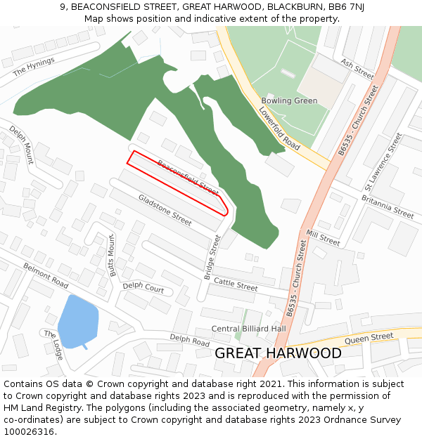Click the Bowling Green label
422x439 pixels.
click(289, 100)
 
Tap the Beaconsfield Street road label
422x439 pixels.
click(188, 177)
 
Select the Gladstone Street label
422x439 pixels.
click(165, 210)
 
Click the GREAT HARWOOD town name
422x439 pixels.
click(278, 353)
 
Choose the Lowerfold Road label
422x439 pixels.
click(279, 129)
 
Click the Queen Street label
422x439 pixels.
click(370, 337)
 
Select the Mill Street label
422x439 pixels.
click(323, 237)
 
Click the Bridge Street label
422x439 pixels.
click(212, 257)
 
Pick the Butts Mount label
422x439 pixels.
click(111, 255)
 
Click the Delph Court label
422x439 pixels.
click(143, 288)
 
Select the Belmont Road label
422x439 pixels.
click(46, 275)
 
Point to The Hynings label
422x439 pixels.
click(33, 67)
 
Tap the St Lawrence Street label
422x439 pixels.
click(383, 162)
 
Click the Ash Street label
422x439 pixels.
click(357, 68)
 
